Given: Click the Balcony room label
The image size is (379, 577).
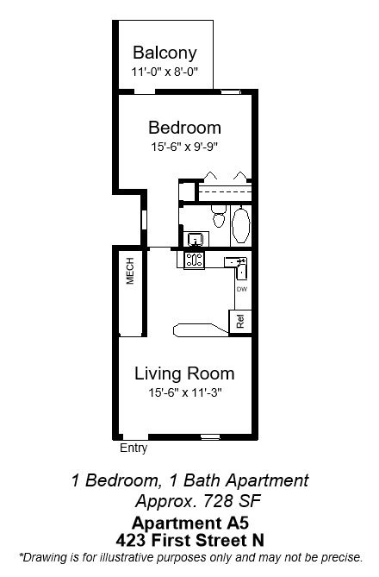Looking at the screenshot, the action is (x=165, y=53).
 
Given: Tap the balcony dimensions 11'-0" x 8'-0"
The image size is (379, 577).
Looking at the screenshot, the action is (x=165, y=72).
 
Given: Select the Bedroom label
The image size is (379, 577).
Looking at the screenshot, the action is (x=184, y=128).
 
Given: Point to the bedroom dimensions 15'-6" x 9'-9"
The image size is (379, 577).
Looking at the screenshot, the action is (x=184, y=147).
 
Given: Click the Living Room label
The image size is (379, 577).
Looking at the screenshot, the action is (x=184, y=373).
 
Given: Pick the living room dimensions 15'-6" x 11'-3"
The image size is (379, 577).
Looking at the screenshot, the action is (x=184, y=392).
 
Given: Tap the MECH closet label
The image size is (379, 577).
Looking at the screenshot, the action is (x=130, y=271).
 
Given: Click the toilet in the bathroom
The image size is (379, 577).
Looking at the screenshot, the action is (x=219, y=216).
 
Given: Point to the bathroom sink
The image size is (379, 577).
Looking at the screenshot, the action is (x=196, y=239).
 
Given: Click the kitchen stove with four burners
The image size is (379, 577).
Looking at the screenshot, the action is (x=194, y=260).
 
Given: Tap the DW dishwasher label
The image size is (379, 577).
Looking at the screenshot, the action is (x=242, y=289).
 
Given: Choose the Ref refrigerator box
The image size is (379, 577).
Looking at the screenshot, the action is (x=240, y=322).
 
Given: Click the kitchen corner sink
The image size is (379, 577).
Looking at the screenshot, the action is (x=238, y=266).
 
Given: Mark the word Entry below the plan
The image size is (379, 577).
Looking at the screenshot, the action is (x=134, y=448).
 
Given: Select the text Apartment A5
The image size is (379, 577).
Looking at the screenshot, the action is (x=190, y=523).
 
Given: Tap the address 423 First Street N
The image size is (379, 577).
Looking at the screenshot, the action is (x=190, y=540).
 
